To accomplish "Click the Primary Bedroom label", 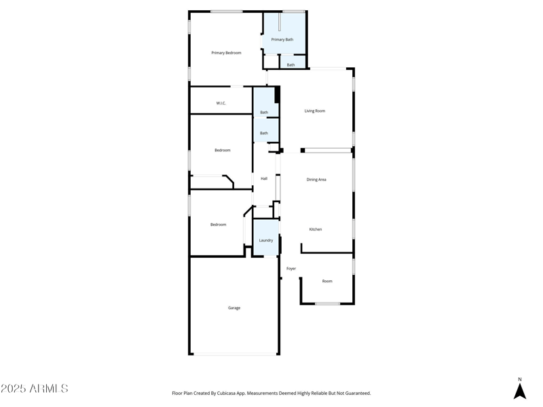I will coord(226,53).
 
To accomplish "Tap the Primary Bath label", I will coord(282,40).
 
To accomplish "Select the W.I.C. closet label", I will coord(221,103).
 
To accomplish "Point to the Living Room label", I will coord(315,111).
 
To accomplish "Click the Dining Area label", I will coord(316,180).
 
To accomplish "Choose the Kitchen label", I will coord(316,229).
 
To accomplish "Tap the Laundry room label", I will coord(266,240).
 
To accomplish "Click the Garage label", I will coord(234,308).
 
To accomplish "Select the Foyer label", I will coord(291,269).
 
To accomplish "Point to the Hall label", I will coord(264,178).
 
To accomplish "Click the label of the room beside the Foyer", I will coord(327,281).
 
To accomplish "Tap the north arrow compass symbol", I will coord(520,391).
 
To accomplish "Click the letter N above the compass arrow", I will coord(520,380).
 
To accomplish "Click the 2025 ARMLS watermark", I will coord(35,389).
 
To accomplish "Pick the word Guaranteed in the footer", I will coord(355,393).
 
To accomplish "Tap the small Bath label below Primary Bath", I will coord(291,65).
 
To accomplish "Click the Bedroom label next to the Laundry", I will coord(218,225).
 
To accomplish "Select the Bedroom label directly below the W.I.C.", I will coord(223,151).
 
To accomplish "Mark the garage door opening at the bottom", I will coord(235,353).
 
